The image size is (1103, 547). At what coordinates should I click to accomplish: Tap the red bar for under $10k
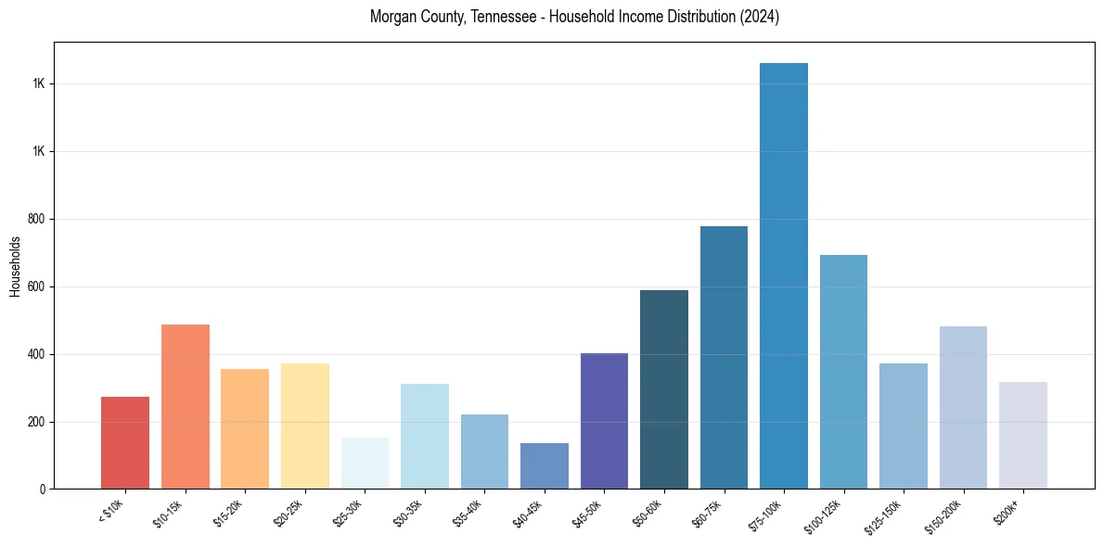125,442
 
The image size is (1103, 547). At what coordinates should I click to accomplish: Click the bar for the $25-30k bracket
365,463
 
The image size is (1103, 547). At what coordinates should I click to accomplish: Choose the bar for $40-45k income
545,465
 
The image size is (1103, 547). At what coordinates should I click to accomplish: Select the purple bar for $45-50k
604,421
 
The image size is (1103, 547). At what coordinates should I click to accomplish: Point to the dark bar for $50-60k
664,389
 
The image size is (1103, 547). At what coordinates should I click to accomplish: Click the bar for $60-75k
724,357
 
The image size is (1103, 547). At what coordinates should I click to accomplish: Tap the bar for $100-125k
843,372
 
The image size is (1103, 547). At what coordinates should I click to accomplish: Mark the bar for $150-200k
963,407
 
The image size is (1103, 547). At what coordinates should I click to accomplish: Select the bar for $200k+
1023,435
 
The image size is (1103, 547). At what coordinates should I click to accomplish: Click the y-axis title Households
15,266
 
